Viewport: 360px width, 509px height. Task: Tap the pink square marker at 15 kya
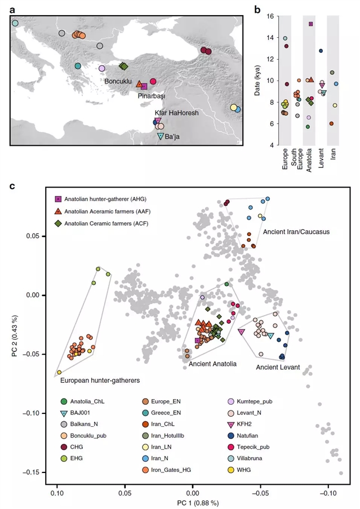click(310, 24)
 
